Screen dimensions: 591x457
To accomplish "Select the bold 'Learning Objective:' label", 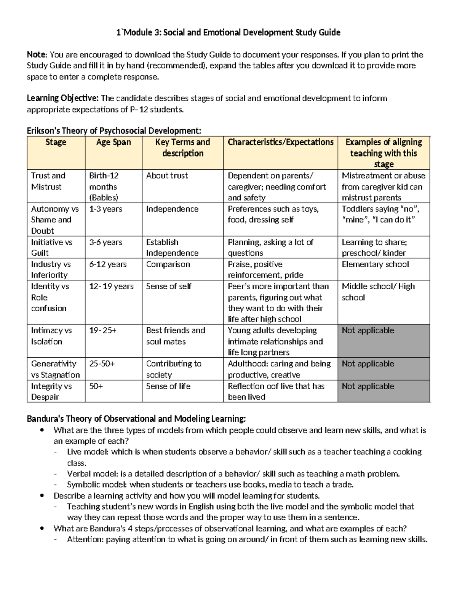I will coord(62,99).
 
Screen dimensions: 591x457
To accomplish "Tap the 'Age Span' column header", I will coord(113,142).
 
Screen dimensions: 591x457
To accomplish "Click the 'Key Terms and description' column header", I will coord(182,148).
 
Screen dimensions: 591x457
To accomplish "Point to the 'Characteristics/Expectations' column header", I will coord(280,142).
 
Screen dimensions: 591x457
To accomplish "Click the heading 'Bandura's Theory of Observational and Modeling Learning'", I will coord(136,419).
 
